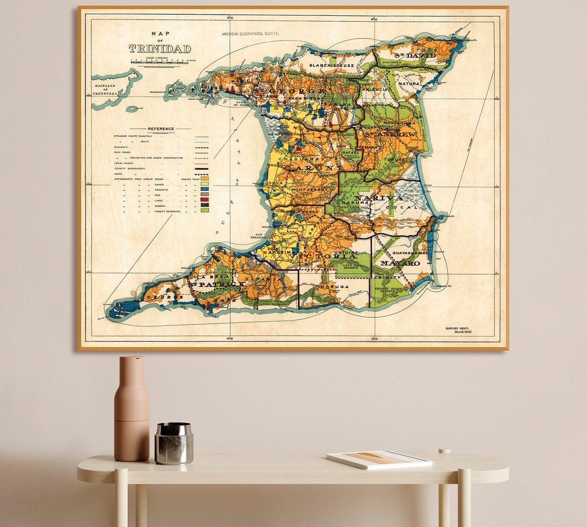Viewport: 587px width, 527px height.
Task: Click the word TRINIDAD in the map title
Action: click(x=160, y=48)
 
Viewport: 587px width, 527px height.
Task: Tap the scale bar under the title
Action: click(x=160, y=61)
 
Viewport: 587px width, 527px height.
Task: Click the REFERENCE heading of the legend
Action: click(x=161, y=129)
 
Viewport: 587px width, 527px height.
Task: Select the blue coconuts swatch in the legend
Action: click(x=204, y=189)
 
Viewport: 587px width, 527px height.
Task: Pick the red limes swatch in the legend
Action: click(x=204, y=199)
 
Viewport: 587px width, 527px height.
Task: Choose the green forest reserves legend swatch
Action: click(x=204, y=210)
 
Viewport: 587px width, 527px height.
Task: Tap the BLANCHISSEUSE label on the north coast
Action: click(x=332, y=65)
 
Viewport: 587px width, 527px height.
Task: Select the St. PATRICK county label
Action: click(x=216, y=284)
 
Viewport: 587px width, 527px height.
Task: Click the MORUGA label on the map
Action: click(x=334, y=286)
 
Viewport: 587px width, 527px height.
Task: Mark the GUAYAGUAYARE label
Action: click(x=407, y=253)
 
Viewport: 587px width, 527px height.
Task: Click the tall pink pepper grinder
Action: click(x=132, y=409)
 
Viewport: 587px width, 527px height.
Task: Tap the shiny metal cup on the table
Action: click(x=174, y=443)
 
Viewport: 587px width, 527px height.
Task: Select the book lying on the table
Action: click(x=379, y=459)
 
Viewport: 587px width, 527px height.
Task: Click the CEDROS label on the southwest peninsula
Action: click(x=158, y=298)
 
